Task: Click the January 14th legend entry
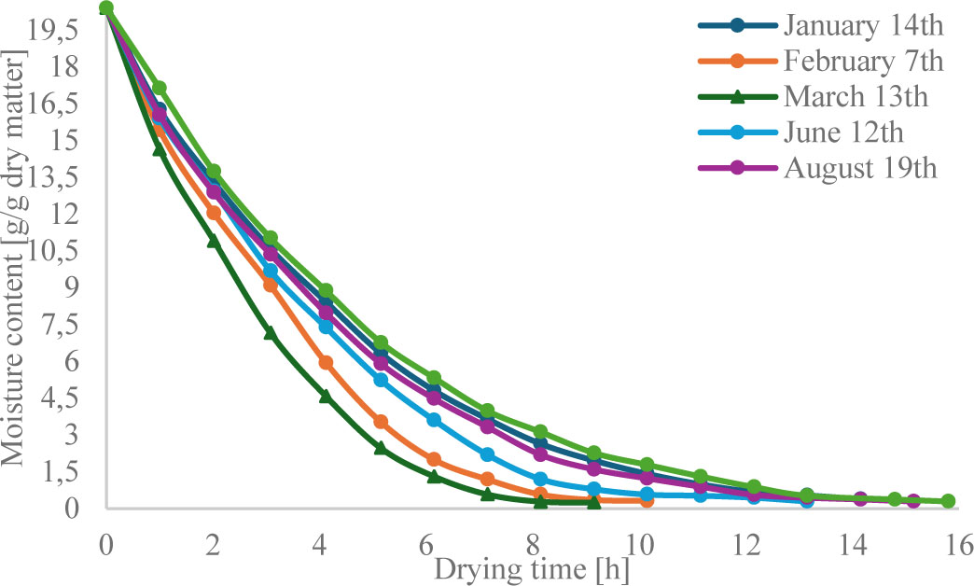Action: pos(864,25)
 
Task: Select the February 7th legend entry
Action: pos(864,62)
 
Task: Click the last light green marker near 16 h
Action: pos(948,501)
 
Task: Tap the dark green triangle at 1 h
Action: pos(160,149)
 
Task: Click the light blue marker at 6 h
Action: pos(434,420)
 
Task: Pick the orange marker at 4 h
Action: pos(326,363)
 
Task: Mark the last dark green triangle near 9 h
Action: pos(593,501)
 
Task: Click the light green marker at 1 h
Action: pos(160,89)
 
